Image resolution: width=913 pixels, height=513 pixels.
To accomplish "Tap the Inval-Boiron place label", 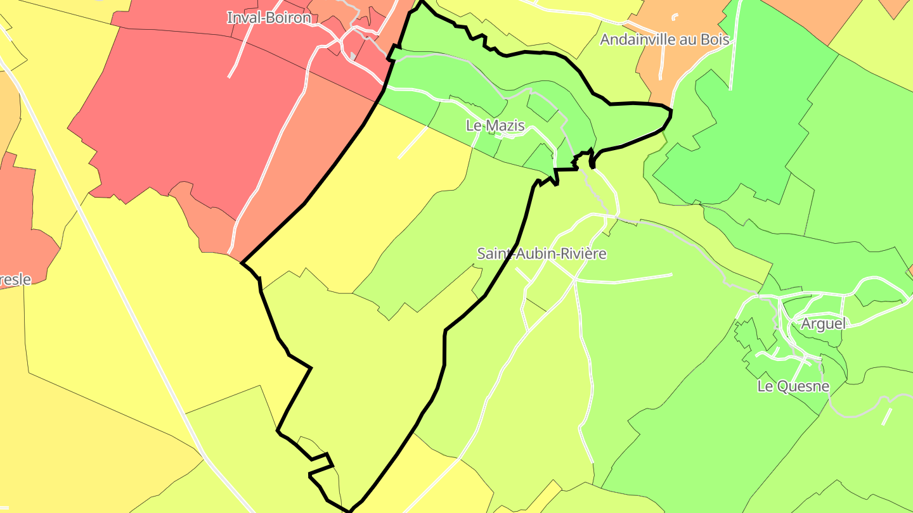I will click(269, 18).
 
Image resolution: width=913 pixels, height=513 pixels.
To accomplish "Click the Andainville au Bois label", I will click(664, 39).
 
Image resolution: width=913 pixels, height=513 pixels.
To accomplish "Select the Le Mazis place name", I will click(495, 125).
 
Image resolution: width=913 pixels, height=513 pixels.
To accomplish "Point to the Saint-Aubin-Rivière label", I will click(541, 254).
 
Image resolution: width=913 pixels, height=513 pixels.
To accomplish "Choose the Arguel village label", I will click(823, 324).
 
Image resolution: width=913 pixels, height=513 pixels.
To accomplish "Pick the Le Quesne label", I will click(793, 386).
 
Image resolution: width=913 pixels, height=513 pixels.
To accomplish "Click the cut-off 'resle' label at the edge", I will click(15, 279).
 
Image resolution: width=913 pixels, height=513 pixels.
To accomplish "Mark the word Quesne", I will click(803, 386).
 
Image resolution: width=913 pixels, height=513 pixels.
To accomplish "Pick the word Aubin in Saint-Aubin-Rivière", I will click(533, 254).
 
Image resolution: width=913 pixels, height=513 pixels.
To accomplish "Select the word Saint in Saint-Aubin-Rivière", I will click(494, 254).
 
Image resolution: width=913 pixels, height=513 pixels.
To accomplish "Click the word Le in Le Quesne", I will click(765, 386).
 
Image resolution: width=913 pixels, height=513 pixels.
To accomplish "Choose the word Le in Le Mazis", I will click(474, 125).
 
